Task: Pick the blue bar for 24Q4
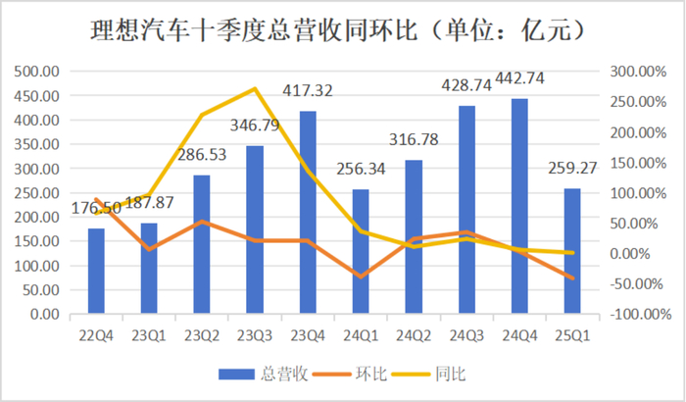point(520,207)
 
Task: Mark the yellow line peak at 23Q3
point(255,89)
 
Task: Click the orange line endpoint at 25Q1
point(573,278)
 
